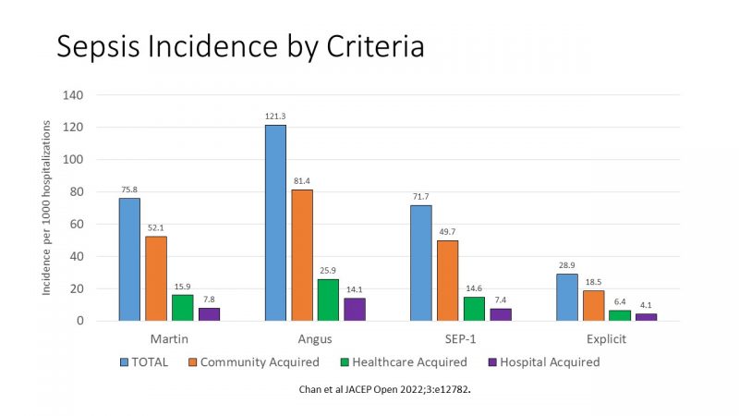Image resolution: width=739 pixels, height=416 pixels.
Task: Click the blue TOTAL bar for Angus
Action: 275,223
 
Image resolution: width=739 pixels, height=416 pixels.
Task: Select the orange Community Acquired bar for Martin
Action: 156,278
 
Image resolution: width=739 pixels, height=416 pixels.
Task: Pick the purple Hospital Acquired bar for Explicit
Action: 646,317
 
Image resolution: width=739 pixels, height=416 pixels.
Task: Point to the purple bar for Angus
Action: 355,310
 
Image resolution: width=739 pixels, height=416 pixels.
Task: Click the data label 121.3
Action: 275,116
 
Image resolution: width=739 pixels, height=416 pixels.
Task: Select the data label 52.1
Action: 156,228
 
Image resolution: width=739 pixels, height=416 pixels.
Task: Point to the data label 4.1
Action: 646,305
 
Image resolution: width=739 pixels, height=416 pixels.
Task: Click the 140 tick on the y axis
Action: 73,95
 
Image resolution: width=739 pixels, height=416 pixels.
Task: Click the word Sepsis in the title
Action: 101,46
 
